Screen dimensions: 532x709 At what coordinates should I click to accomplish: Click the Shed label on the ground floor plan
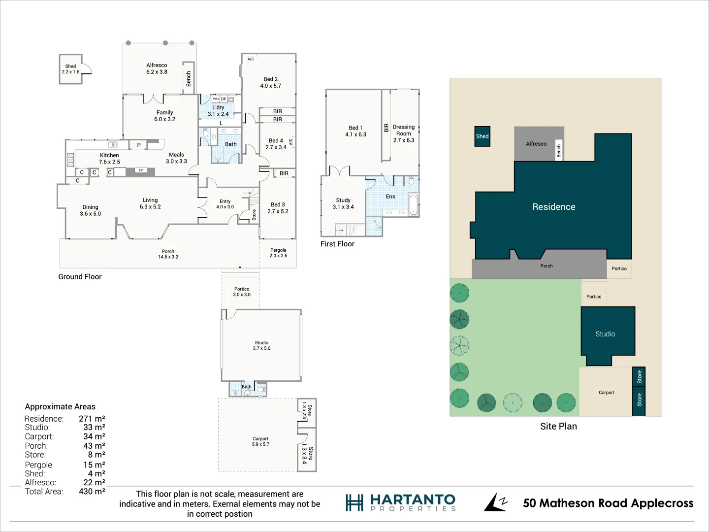[x=70, y=69]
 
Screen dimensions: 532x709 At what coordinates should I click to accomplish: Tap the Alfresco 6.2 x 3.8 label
[x=157, y=68]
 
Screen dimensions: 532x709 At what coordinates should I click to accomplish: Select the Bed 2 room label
[x=270, y=82]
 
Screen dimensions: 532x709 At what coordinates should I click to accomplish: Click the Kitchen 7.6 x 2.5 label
[x=109, y=158]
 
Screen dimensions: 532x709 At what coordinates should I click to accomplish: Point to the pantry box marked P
[x=139, y=145]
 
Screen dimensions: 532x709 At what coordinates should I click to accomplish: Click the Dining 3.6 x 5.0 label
[x=90, y=210]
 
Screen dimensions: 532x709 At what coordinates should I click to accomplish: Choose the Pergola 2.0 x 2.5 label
[x=278, y=253]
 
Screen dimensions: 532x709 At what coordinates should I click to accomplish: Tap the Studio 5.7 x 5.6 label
[x=261, y=345]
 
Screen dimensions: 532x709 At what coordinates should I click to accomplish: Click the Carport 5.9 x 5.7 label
[x=260, y=441]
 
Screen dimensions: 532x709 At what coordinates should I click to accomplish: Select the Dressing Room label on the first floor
[x=403, y=133]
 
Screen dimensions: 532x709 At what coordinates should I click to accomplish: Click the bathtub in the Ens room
[x=413, y=204]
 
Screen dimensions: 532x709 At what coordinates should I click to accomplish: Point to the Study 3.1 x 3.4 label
[x=343, y=203]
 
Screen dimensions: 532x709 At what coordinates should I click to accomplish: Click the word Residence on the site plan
[x=553, y=207]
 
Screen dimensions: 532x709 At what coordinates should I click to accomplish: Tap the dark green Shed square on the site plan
[x=482, y=136]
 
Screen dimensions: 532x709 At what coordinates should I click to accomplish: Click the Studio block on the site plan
[x=605, y=334]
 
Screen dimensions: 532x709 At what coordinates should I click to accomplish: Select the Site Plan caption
[x=558, y=426]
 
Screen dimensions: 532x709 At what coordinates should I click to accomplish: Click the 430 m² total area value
[x=92, y=491]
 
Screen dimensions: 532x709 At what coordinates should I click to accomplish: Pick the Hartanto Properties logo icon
[x=354, y=503]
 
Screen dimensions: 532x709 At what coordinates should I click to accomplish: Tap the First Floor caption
[x=337, y=244]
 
